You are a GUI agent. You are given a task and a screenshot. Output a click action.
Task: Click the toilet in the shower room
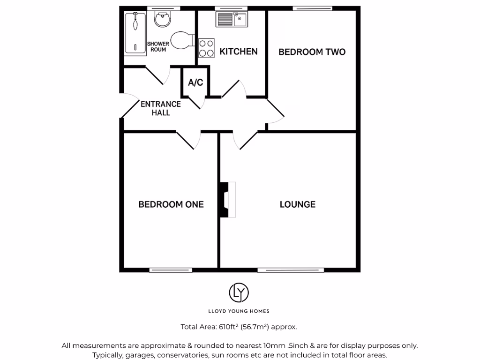[x=182, y=40]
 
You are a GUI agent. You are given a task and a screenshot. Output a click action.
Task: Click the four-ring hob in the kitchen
[x=206, y=47]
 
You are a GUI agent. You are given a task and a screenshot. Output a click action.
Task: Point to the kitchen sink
[x=232, y=20]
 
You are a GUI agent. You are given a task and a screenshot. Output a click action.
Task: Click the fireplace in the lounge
[x=227, y=199]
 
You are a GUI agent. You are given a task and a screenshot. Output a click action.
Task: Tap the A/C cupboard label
[x=195, y=83]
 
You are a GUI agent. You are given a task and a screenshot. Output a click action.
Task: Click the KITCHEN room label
[x=239, y=52]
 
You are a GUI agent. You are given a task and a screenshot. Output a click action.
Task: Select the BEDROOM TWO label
[x=312, y=52]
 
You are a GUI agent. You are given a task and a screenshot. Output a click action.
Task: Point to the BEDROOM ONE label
[x=171, y=204]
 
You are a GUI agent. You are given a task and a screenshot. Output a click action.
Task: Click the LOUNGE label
[x=298, y=204]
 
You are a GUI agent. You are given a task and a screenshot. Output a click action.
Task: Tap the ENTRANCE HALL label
[x=161, y=108]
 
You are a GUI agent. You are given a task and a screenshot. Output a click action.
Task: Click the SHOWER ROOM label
[x=158, y=46]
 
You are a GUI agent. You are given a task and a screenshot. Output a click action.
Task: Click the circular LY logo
[x=239, y=292]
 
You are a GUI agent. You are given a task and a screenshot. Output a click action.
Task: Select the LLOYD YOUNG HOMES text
[x=239, y=311]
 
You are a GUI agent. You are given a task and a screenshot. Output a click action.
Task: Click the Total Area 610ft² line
[x=239, y=327]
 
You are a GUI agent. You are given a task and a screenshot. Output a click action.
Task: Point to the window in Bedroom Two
[x=312, y=8]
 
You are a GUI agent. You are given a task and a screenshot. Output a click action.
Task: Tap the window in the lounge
[x=291, y=270]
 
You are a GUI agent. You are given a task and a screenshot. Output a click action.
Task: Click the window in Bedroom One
[x=171, y=270]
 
